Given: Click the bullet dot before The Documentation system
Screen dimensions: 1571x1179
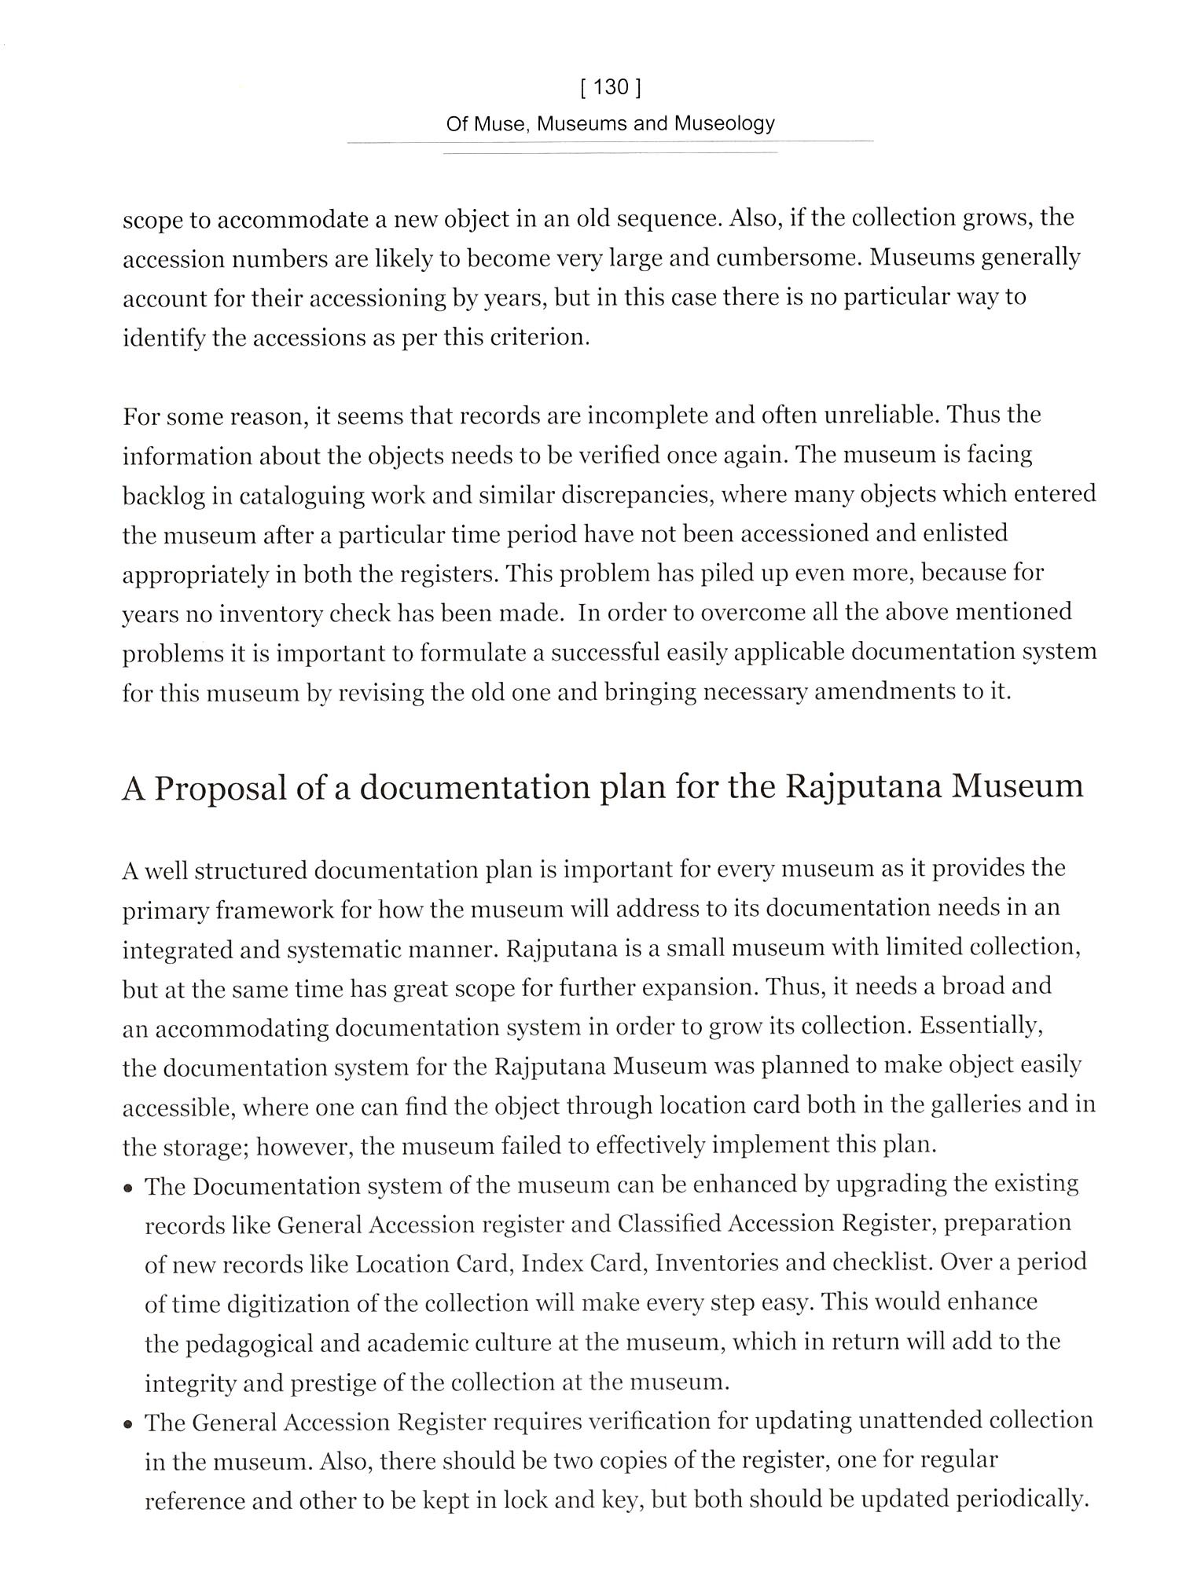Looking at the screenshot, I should point(128,1188).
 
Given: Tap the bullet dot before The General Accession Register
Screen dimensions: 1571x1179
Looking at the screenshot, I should point(128,1424).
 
